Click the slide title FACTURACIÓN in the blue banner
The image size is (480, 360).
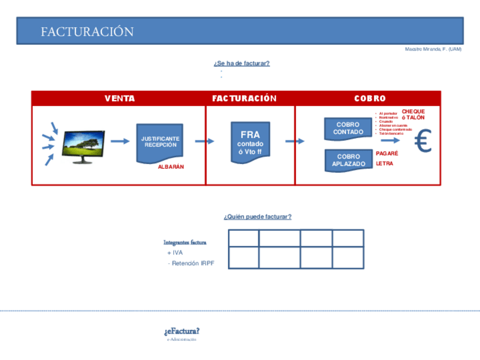pos(87,32)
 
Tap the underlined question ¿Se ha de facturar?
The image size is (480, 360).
pos(242,63)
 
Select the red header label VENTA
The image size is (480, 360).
pos(119,98)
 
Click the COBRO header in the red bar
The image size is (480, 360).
pos(370,98)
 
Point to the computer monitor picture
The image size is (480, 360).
pos(83,146)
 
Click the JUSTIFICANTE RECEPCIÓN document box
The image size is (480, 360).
pos(160,142)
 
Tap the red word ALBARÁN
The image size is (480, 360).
pos(171,167)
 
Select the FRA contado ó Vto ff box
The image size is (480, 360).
pos(250,142)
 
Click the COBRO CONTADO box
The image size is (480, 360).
pos(348,128)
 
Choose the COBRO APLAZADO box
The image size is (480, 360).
pos(348,160)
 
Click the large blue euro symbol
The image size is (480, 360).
pos(423,142)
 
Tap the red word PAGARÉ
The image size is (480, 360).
pos(387,153)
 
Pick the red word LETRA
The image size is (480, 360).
pos(384,164)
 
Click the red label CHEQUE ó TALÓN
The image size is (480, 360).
pos(413,114)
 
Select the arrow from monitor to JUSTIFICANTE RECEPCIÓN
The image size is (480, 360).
pos(119,141)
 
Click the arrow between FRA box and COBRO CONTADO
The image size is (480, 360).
pos(294,141)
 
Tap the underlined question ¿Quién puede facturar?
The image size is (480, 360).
pos(258,217)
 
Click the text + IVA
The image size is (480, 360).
pos(175,253)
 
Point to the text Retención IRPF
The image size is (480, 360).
pos(192,263)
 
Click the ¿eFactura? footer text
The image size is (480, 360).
pos(182,331)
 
